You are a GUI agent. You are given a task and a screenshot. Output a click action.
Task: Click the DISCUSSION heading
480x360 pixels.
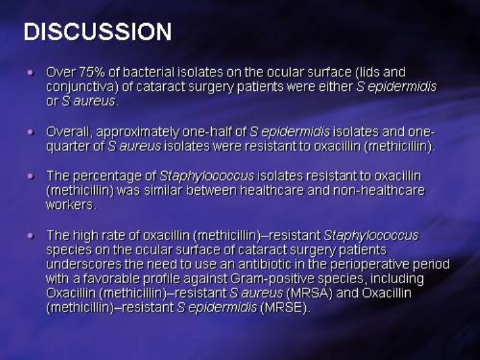[98, 32]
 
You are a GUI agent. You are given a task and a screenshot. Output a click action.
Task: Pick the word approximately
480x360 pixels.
[138, 132]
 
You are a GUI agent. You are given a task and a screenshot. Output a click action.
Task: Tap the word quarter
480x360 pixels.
[68, 147]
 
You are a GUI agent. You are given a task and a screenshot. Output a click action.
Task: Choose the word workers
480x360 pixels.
[70, 205]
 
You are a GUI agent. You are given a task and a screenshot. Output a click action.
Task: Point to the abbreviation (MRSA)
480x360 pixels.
[309, 293]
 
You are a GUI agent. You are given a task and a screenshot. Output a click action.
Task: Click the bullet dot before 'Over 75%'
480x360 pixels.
[30, 72]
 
